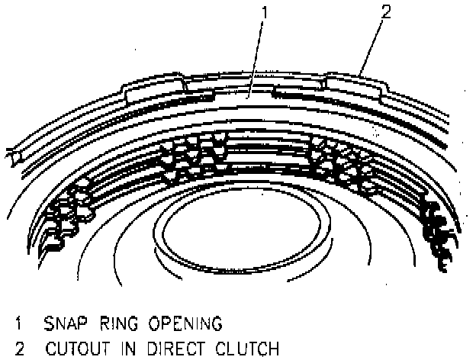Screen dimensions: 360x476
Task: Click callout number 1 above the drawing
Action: (262, 13)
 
